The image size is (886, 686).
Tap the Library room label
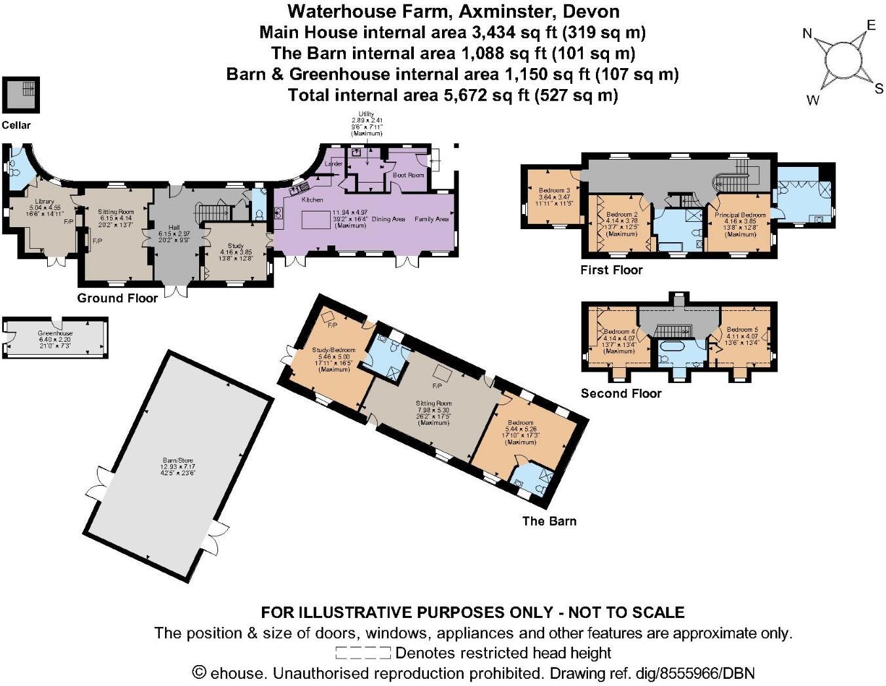(45, 202)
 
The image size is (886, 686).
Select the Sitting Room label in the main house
(116, 212)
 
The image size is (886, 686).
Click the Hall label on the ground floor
(174, 227)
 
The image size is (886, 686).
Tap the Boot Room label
(408, 175)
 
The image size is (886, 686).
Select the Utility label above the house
(366, 115)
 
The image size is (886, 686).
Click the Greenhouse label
(55, 334)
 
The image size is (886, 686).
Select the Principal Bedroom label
(740, 215)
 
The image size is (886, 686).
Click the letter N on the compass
(808, 34)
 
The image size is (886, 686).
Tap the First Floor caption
(611, 270)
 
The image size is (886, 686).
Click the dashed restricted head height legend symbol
(363, 653)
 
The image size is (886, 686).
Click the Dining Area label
(389, 219)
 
